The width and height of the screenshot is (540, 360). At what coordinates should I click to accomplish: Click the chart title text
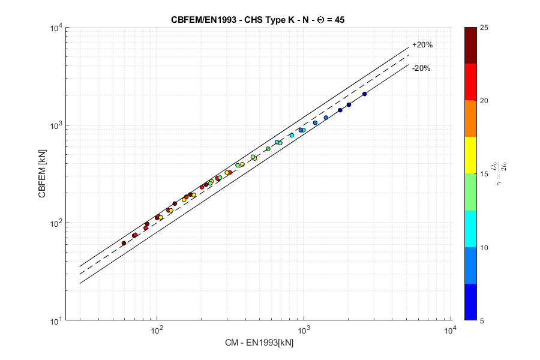tap(257, 20)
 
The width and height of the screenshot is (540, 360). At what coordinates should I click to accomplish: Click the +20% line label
tap(422, 45)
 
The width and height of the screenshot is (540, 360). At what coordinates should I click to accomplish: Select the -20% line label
tap(421, 68)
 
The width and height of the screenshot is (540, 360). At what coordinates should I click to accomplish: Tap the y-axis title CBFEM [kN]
tap(42, 174)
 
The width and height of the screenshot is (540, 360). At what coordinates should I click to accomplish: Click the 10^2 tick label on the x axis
tap(157, 331)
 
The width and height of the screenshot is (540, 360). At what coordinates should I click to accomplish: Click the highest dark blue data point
tap(364, 94)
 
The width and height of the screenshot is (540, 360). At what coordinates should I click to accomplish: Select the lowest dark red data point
tap(124, 243)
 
